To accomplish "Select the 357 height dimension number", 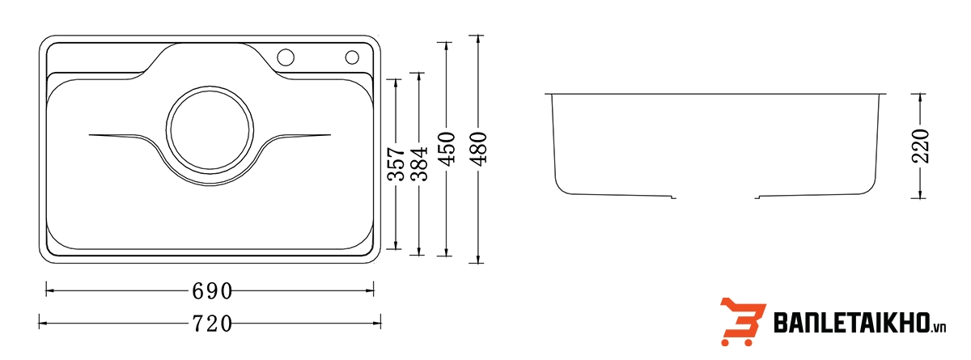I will [395, 164].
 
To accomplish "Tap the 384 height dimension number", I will [418, 164].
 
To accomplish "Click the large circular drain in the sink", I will [210, 129].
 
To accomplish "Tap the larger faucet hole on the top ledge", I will [286, 57].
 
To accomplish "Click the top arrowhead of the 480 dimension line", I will [479, 38].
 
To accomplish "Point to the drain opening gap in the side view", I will [716, 197].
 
